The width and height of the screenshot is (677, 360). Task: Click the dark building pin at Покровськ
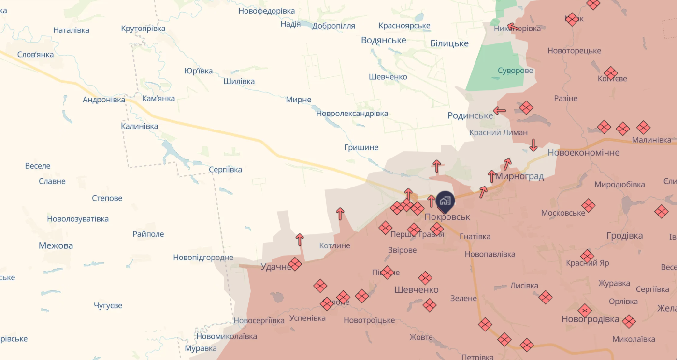click(x=445, y=201)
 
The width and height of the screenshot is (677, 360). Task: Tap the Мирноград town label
click(x=519, y=176)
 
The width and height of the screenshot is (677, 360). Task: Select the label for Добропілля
click(x=333, y=26)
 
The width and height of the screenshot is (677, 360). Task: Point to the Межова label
click(x=56, y=245)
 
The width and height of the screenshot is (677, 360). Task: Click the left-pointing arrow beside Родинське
click(x=500, y=111)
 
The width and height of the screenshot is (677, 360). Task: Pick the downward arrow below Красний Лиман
click(x=533, y=144)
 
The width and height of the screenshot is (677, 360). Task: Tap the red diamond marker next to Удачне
click(x=295, y=264)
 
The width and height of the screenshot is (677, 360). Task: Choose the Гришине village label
click(x=361, y=147)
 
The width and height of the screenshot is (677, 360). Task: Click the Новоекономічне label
click(x=583, y=153)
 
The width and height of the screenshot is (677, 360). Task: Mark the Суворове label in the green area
click(x=515, y=71)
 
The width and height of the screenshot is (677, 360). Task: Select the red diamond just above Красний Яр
click(x=587, y=256)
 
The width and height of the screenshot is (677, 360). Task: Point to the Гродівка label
click(x=624, y=236)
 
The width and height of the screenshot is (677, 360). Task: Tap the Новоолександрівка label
click(x=352, y=114)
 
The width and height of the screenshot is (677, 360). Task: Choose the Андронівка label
click(x=104, y=100)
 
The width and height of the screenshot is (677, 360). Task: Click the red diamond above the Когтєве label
click(x=611, y=73)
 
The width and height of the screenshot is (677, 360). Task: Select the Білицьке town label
click(x=449, y=43)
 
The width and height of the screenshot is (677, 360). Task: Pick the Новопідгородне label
click(x=203, y=258)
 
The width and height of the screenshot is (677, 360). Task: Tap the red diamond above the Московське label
click(x=588, y=205)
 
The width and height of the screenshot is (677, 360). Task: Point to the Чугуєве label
click(x=108, y=306)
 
